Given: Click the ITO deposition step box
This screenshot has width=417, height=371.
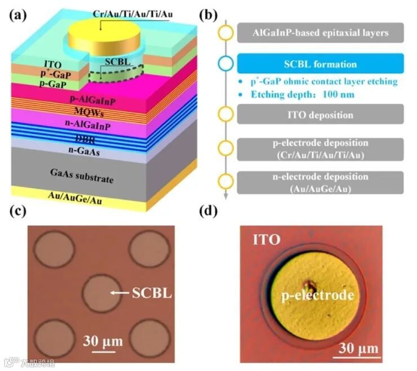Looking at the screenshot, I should click(x=319, y=115).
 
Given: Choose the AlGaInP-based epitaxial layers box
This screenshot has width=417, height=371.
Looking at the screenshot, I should click(x=320, y=33).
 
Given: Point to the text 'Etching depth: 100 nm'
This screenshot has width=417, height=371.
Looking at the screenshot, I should click(x=303, y=94).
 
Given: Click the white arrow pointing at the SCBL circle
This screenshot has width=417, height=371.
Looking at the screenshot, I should click(x=119, y=293).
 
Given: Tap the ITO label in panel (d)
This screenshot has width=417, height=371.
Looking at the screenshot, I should click(x=266, y=240).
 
